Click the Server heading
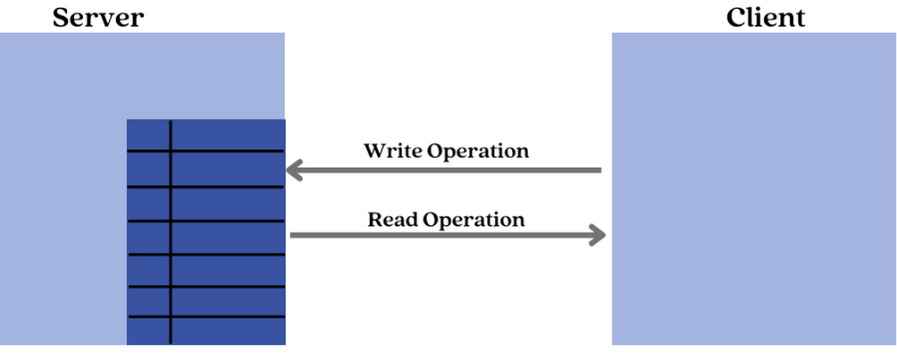(98, 17)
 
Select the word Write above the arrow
(392, 150)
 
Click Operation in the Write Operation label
(478, 151)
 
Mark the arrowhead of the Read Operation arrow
(599, 236)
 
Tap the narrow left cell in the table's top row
(148, 134)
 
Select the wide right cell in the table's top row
(228, 134)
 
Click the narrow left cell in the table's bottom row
(148, 331)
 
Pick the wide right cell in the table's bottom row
(228, 331)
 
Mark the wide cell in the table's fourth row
(228, 238)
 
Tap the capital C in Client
(736, 17)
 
